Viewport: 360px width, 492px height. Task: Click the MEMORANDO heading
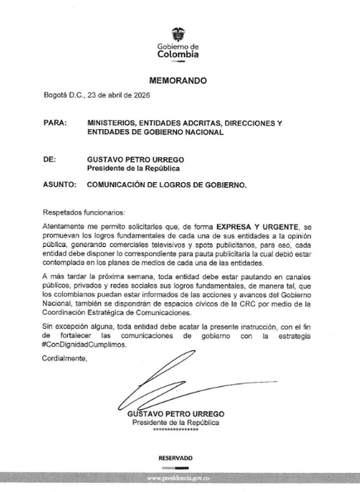178,83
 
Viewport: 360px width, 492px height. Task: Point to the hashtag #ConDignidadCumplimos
86,344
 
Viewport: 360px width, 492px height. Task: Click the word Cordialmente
66,358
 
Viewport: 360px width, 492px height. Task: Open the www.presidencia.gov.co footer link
180,479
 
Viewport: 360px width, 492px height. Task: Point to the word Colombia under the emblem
178,55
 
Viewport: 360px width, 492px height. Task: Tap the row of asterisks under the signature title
176,430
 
